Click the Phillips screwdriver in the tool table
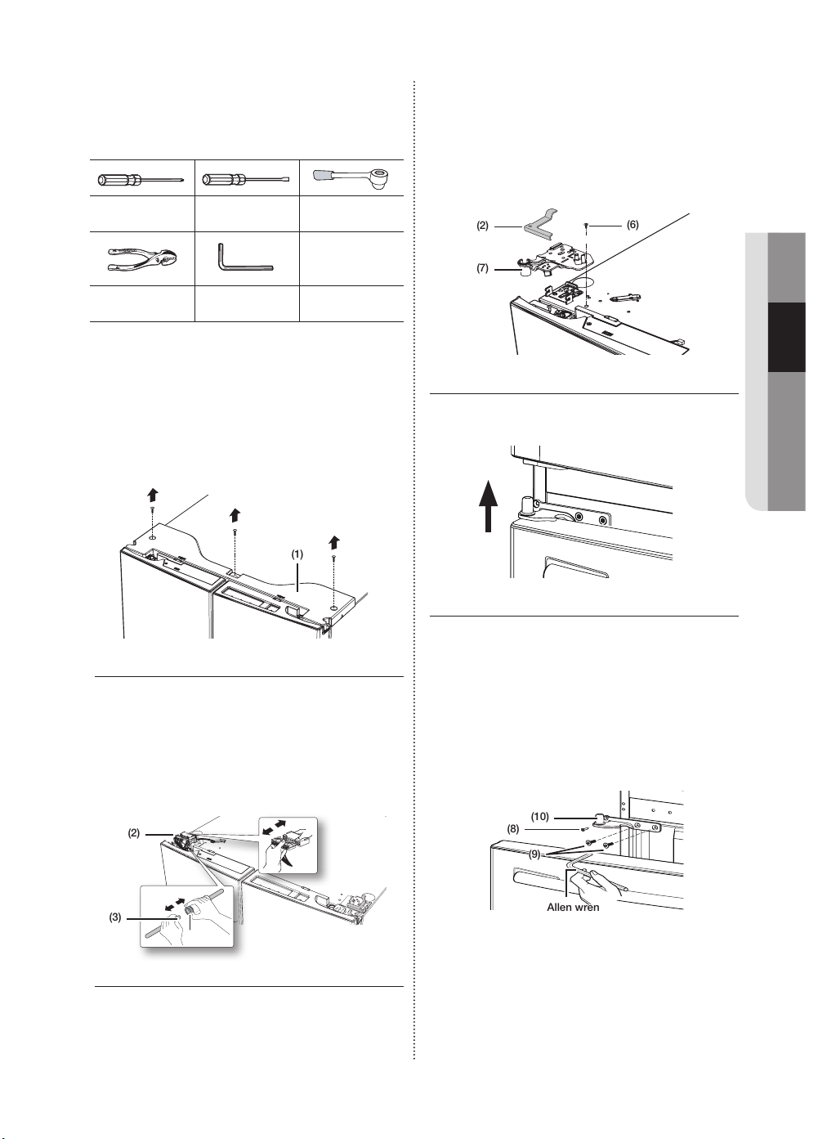(140, 180)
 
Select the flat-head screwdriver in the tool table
(246, 180)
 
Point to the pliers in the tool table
(142, 258)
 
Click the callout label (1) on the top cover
(297, 554)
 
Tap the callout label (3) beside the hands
(116, 917)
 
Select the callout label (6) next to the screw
(632, 224)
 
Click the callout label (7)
(483, 268)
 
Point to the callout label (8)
(512, 829)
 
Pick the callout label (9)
(534, 854)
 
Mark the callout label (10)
(540, 817)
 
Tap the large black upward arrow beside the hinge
(488, 506)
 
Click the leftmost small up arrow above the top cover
(153, 495)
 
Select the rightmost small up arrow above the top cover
(333, 543)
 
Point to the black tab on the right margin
(786, 337)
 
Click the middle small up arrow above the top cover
(235, 515)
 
